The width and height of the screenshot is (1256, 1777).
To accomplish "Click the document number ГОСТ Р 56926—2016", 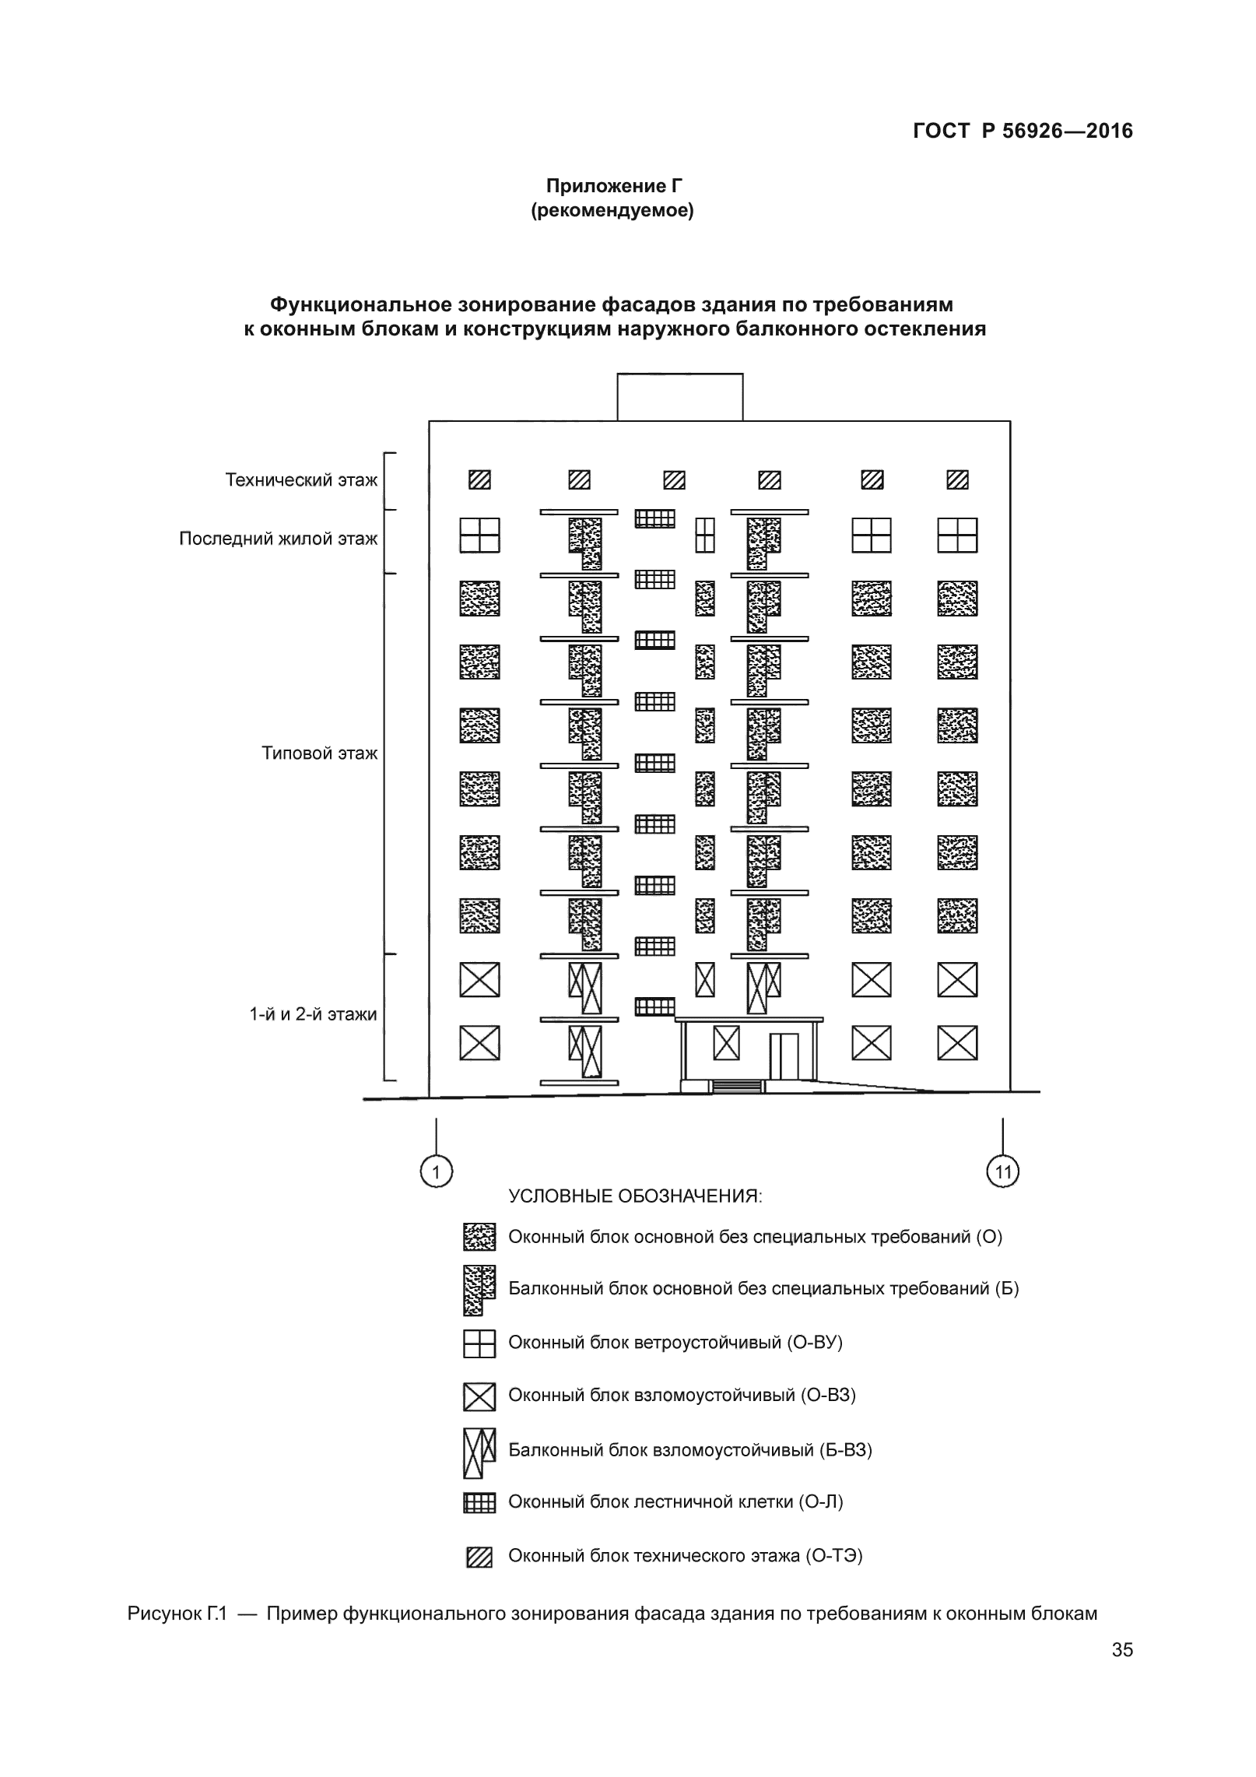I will [1023, 132].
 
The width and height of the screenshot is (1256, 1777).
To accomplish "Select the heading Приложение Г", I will [613, 186].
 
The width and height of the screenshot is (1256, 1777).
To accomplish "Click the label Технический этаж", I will [301, 480].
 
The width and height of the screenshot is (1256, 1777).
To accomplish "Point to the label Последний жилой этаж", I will [278, 539].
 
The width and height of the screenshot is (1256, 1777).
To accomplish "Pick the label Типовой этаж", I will [319, 753].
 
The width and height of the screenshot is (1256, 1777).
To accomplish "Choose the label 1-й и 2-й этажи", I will [313, 1014].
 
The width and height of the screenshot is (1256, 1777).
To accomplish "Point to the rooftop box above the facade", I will [679, 397].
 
